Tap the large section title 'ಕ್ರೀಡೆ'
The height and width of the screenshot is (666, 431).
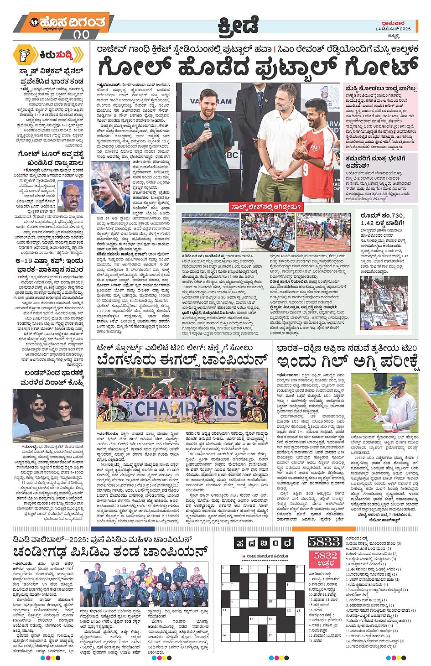[x=237, y=25]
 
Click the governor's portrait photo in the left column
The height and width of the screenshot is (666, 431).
[x=71, y=196]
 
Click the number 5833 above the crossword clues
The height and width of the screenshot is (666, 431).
[x=324, y=541]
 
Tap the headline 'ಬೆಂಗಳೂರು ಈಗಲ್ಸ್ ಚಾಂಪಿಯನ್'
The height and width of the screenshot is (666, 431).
[x=182, y=361]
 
